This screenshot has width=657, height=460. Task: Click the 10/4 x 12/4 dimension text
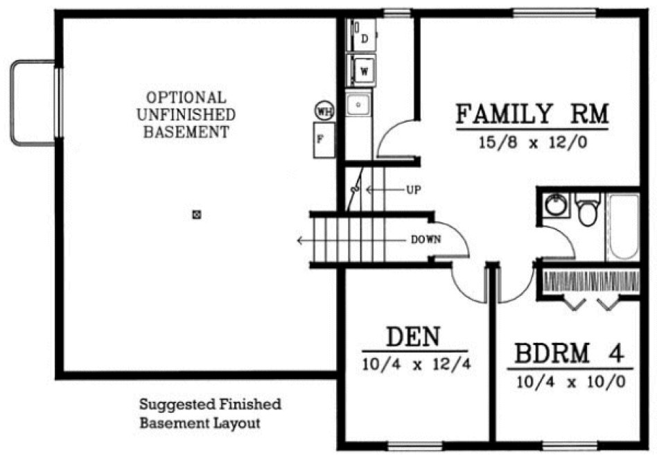(x=416, y=364)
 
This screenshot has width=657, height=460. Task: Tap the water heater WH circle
(x=323, y=110)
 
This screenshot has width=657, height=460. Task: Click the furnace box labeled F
(x=323, y=139)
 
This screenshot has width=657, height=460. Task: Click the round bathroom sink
(x=555, y=206)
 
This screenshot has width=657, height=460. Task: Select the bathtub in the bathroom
(x=623, y=226)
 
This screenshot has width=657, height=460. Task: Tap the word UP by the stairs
(x=413, y=189)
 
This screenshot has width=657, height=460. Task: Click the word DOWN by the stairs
(x=426, y=240)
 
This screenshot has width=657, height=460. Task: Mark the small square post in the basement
(x=196, y=215)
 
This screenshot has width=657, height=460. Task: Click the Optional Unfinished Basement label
(x=185, y=114)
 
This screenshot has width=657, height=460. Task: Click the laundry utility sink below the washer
(x=359, y=105)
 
